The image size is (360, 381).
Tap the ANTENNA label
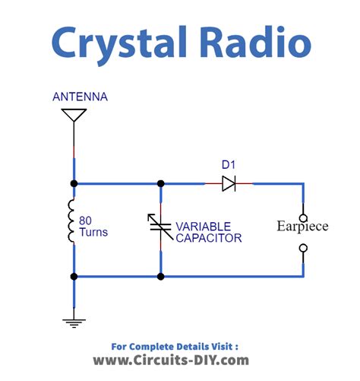point(80,97)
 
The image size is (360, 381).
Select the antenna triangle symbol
point(74,116)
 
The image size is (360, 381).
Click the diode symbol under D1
point(229,183)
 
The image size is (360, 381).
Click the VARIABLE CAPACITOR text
point(208,232)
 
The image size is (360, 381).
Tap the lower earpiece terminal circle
point(304,248)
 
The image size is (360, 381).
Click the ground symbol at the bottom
point(74,320)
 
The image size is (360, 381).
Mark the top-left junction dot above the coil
point(74,183)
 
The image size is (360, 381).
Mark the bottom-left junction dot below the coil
point(74,277)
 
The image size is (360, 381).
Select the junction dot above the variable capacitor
point(160,183)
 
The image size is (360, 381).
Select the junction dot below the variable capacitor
point(160,277)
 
